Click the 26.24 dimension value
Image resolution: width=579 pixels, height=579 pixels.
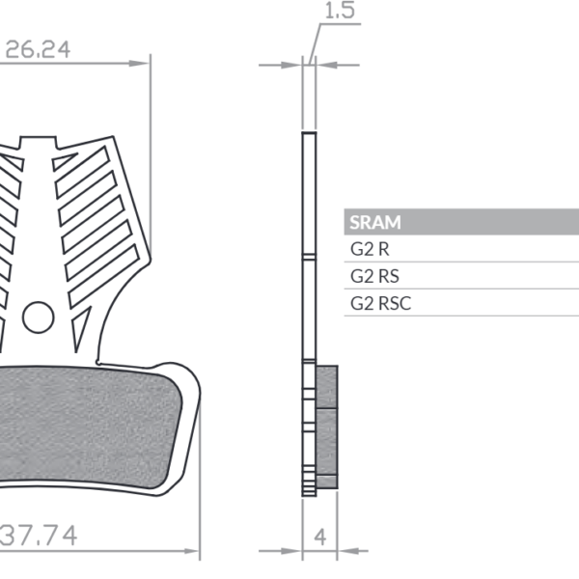coord(38,49)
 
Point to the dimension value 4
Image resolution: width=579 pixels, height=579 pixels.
coord(319,535)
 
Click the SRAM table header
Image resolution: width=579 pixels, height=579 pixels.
coord(374,222)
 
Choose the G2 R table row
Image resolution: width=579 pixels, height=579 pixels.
coord(368,249)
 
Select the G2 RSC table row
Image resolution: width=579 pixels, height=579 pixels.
coord(380,303)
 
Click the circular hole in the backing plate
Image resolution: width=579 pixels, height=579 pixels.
coord(38,316)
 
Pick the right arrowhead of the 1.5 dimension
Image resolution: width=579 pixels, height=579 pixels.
coord(322,66)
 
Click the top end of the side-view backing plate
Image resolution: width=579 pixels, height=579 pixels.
coord(309,133)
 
